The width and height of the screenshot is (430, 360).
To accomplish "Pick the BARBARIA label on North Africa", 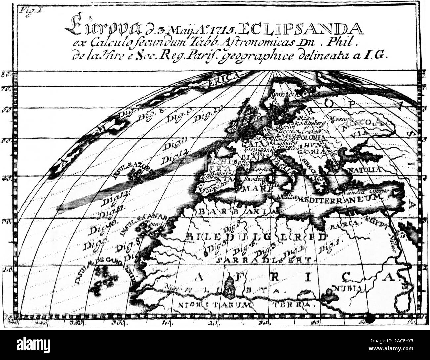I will (236, 212).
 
